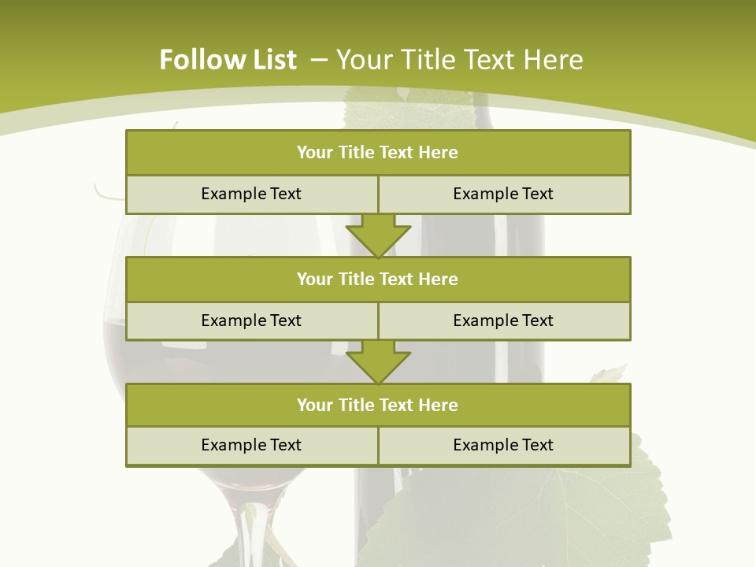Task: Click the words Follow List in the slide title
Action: (228, 60)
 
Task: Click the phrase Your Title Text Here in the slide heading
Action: (459, 60)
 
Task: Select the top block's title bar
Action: (378, 153)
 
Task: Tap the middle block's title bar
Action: (378, 279)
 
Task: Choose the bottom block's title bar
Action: (378, 405)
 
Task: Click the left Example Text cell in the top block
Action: (251, 194)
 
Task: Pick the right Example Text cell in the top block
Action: (504, 194)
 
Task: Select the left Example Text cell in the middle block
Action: (251, 321)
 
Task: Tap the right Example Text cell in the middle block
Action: (504, 321)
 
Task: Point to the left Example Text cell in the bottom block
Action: (251, 445)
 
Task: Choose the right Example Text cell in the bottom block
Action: (504, 445)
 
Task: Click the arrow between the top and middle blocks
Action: (378, 235)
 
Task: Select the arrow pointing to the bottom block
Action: (378, 361)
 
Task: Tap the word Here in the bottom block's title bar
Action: (438, 405)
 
